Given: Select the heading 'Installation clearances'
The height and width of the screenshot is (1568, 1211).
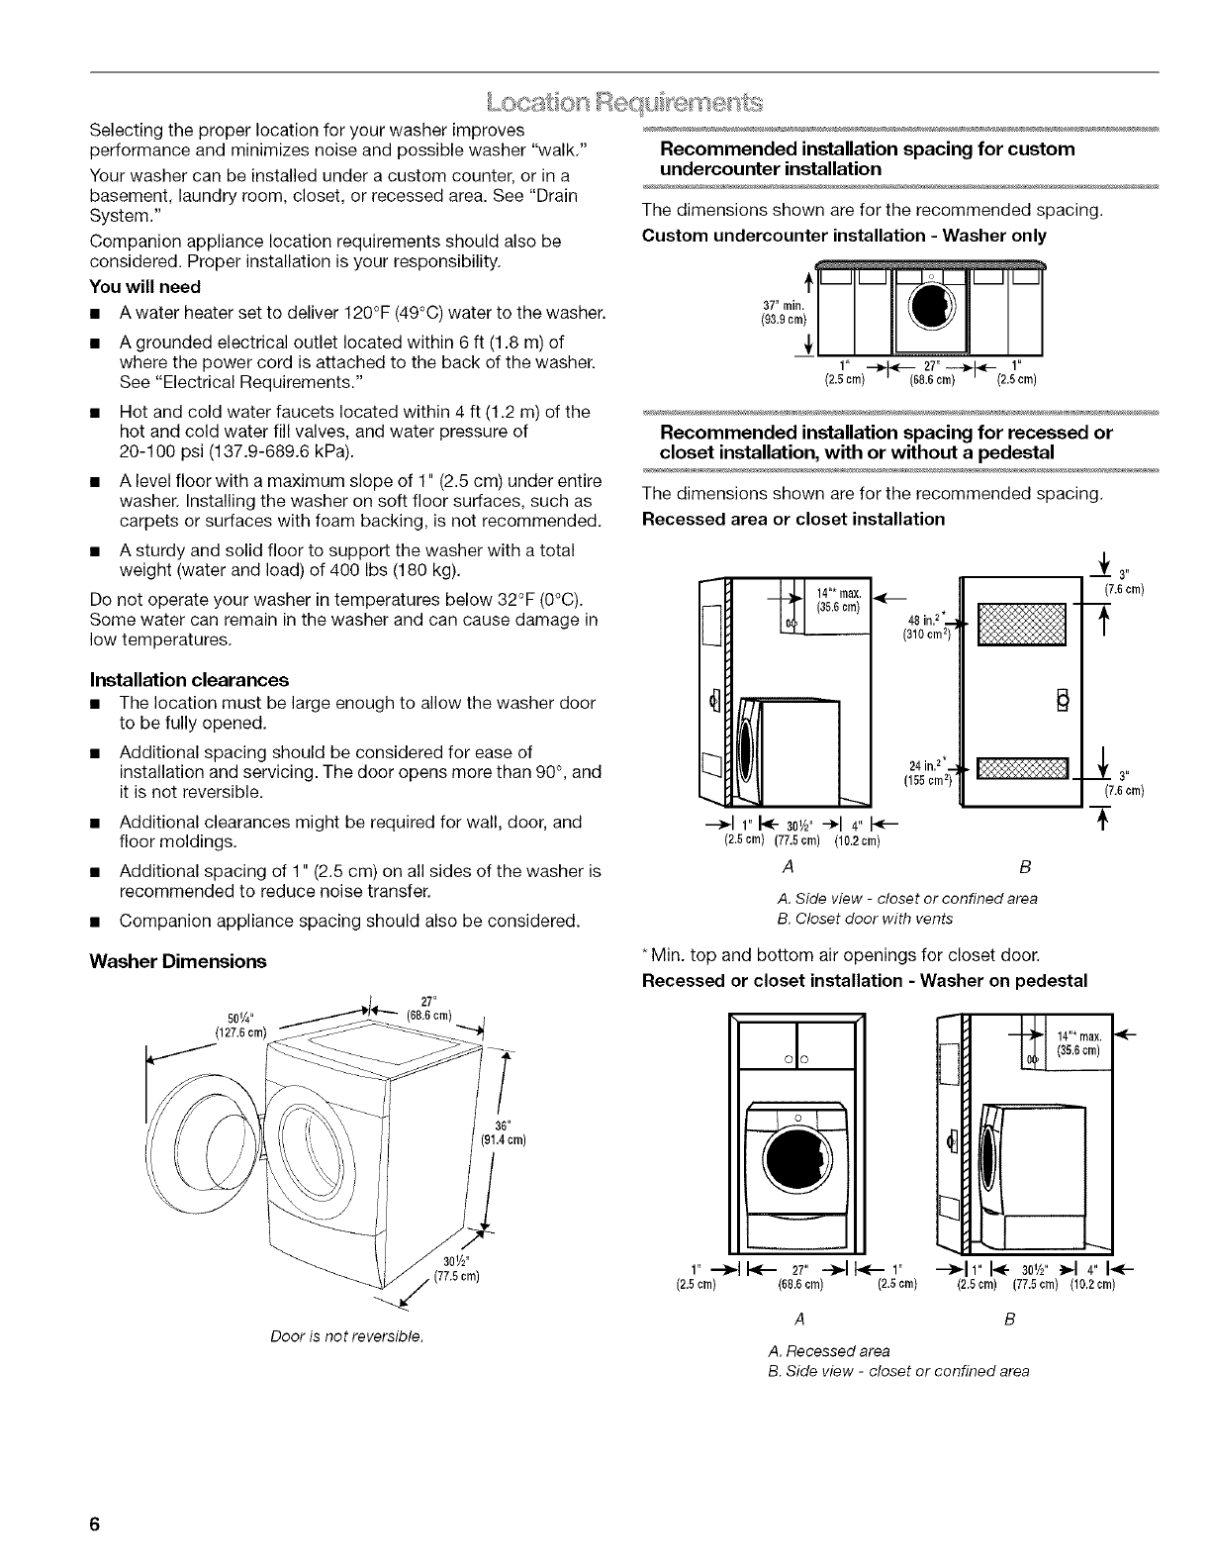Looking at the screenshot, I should click(x=204, y=679).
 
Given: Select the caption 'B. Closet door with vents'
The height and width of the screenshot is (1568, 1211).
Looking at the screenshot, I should click(x=866, y=919).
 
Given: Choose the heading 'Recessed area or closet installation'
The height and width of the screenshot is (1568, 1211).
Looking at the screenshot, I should click(x=793, y=519).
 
